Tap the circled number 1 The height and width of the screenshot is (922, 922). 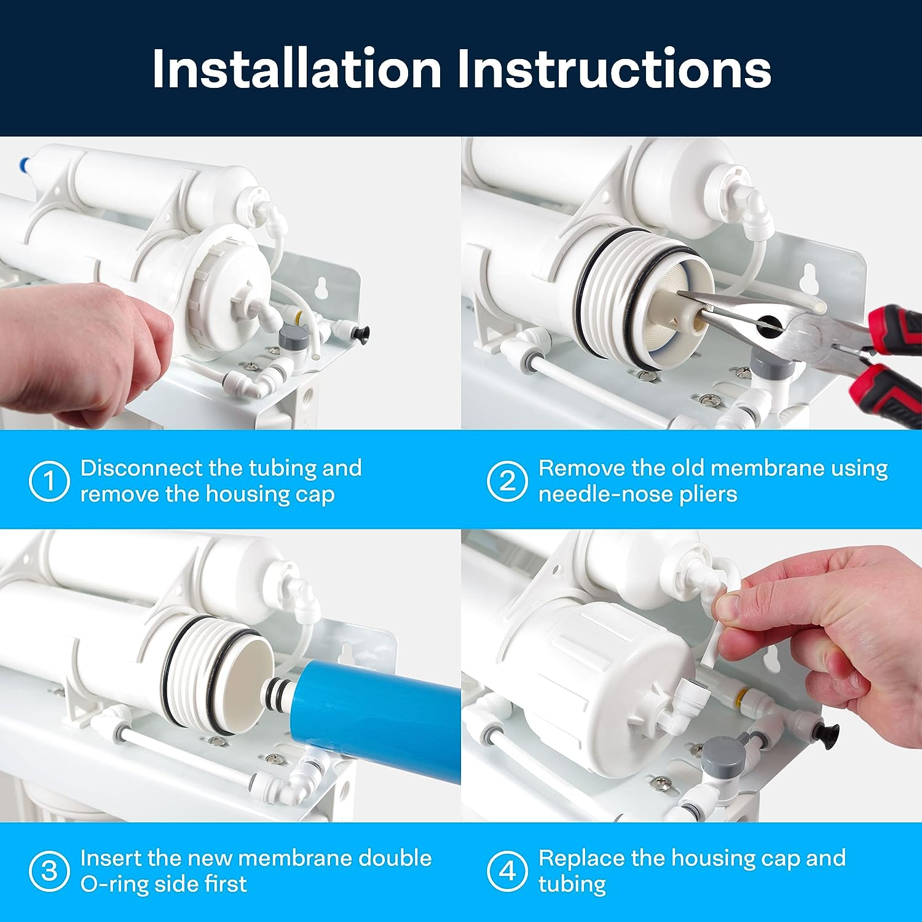49,481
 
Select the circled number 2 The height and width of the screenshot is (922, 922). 507,481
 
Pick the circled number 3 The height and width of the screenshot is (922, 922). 49,871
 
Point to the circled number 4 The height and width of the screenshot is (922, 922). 507,871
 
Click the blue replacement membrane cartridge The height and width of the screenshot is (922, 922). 375,713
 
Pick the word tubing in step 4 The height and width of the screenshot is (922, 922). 572,885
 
